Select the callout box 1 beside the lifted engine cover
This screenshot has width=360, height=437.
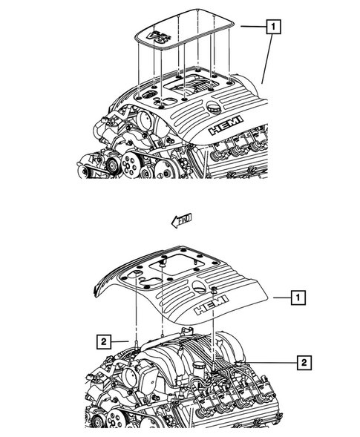[296, 299]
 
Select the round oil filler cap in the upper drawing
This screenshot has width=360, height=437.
[215, 109]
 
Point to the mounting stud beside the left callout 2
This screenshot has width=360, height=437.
[137, 341]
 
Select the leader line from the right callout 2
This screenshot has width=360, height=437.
[260, 362]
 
